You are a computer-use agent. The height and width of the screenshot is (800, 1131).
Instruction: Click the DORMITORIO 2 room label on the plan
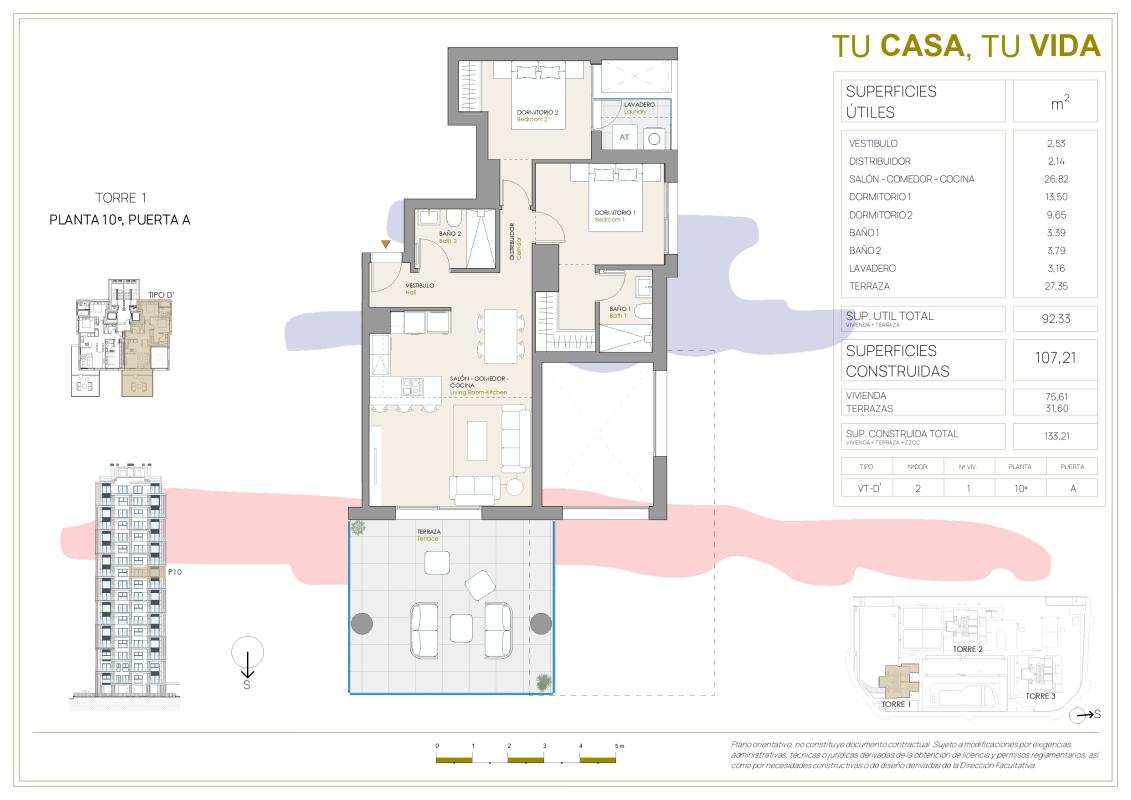pyautogui.click(x=537, y=112)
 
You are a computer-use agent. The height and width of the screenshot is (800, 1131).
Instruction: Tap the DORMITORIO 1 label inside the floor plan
pyautogui.click(x=615, y=212)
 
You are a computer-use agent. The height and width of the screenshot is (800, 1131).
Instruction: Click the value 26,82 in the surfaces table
pyautogui.click(x=1054, y=179)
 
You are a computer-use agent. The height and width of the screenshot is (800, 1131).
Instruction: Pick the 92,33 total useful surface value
pyautogui.click(x=1054, y=319)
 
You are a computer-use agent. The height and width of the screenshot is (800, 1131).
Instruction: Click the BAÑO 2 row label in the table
pyautogui.click(x=865, y=250)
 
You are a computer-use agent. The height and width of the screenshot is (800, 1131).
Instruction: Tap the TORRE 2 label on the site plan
pyautogui.click(x=967, y=649)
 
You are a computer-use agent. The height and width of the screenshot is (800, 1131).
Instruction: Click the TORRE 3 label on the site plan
pyautogui.click(x=1040, y=695)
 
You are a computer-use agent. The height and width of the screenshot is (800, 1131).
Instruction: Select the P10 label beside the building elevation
pyautogui.click(x=174, y=572)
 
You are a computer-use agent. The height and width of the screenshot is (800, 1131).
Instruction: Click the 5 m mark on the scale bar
pyautogui.click(x=618, y=747)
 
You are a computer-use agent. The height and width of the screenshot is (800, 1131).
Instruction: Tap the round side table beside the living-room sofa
pyautogui.click(x=515, y=487)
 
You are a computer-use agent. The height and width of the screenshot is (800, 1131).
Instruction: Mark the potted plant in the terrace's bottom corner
pyautogui.click(x=542, y=683)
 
